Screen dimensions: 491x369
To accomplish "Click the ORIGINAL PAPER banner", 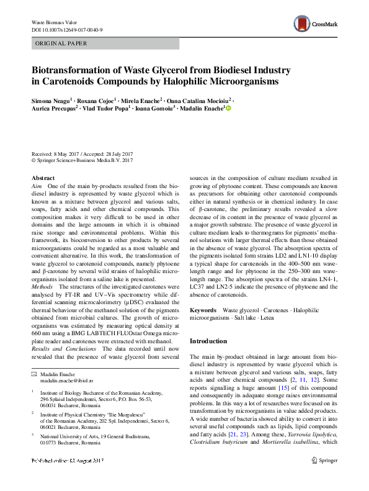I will point(61,43).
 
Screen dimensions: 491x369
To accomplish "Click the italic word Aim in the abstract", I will point(36,186).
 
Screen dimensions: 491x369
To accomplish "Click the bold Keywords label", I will point(203,309).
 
